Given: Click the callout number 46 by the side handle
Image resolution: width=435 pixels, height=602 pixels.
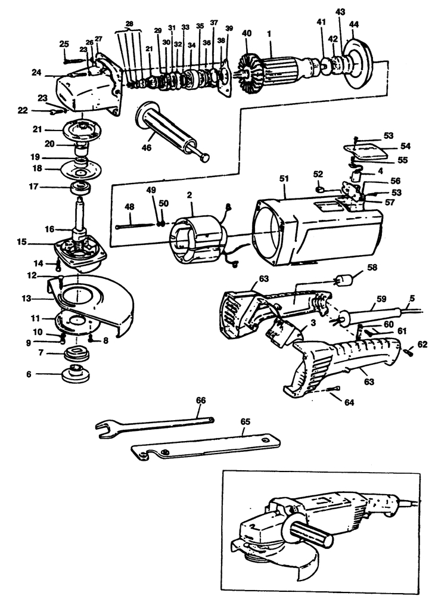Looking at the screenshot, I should coord(144,145).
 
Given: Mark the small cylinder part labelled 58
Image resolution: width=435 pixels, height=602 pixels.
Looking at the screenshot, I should coord(346,280).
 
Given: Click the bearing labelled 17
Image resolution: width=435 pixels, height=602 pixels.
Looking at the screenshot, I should coord(80,188).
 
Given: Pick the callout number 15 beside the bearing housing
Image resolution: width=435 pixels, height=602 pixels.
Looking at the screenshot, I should coord(22,243).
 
